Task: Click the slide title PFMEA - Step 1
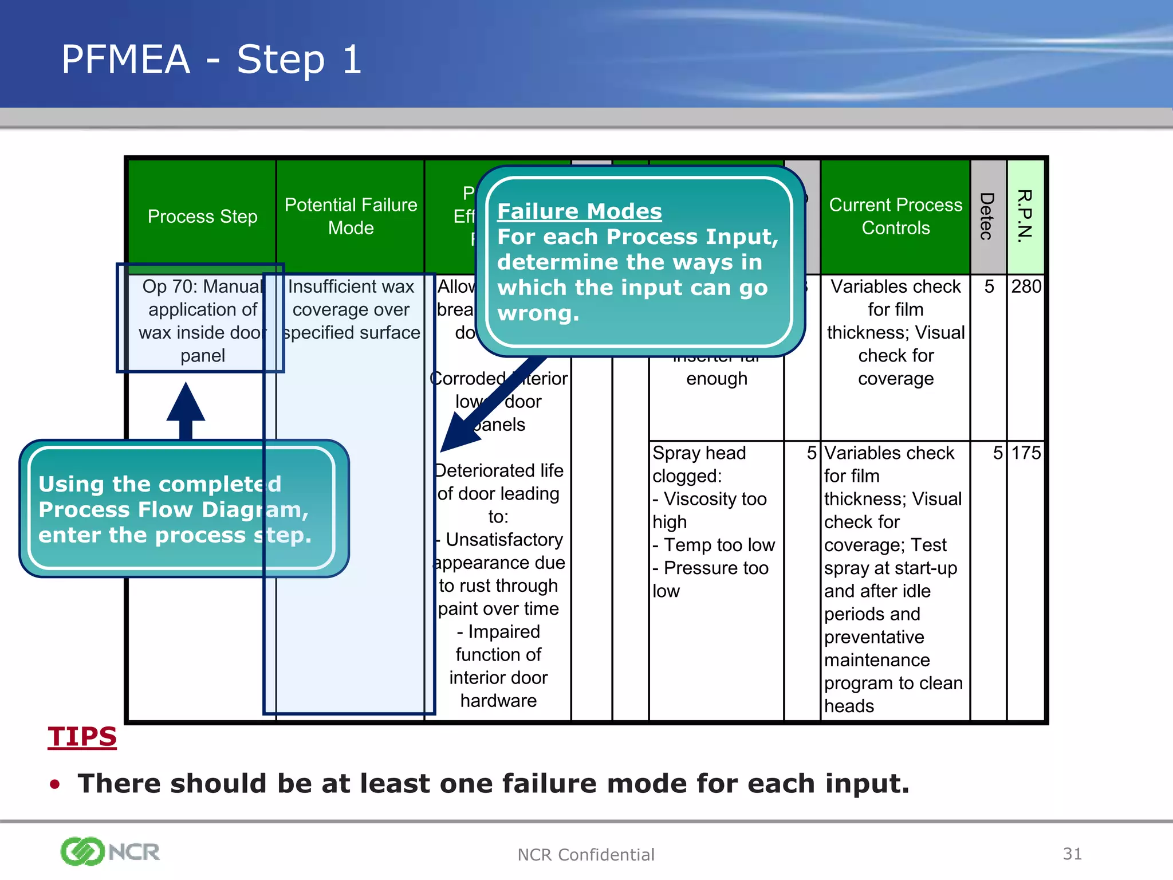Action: point(211,60)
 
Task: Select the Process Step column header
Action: point(202,217)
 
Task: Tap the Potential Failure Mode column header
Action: point(351,217)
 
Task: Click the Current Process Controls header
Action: point(895,217)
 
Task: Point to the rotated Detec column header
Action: point(987,217)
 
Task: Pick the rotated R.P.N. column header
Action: point(1025,217)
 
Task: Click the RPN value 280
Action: point(1025,286)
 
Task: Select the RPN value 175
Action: point(1025,453)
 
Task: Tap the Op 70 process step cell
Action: point(202,320)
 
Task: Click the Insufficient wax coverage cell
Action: point(351,309)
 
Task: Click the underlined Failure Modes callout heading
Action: point(579,211)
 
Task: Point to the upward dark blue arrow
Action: point(186,410)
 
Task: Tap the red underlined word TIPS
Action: point(82,737)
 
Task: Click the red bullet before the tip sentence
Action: point(55,784)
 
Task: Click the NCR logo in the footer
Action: point(110,852)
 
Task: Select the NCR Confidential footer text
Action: point(585,855)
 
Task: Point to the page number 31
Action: point(1072,854)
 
